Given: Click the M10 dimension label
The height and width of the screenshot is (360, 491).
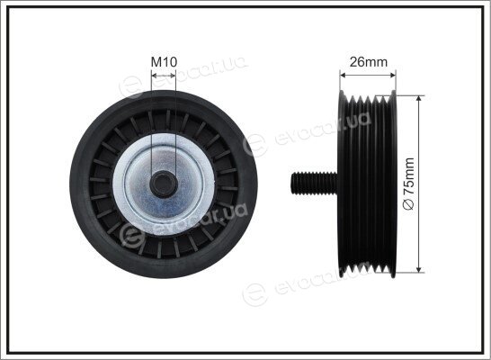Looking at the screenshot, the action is tap(164, 62).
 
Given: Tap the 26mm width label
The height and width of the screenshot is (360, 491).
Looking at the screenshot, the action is tap(369, 62).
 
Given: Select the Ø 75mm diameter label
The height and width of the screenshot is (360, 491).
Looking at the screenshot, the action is tap(409, 184).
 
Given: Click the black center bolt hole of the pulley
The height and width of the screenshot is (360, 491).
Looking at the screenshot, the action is tap(164, 184).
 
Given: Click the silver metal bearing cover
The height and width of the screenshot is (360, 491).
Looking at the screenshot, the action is tap(164, 184).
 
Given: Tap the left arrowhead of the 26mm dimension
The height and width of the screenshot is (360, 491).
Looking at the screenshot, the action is tap(344, 76).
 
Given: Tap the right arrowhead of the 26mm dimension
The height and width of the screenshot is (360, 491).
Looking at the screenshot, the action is tap(393, 76).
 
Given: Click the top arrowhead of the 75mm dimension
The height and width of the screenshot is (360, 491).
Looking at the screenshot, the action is tap(419, 99).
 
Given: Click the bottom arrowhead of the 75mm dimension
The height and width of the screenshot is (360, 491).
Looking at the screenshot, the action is tap(419, 269).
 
